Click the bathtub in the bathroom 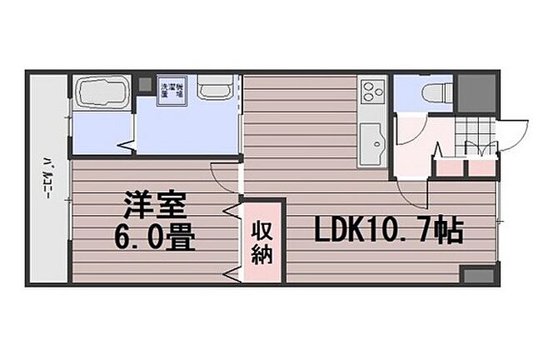100,92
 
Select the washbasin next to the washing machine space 215,90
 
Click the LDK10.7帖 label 388,232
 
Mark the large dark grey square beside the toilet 475,92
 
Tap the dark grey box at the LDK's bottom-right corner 477,275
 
